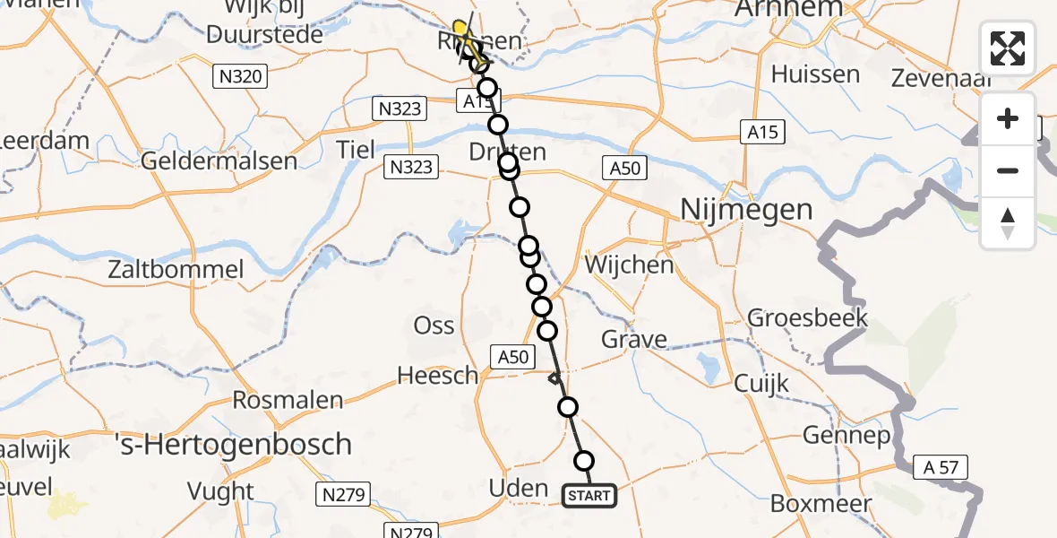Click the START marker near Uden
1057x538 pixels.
pos(589,496)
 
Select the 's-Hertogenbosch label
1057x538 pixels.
pos(233,443)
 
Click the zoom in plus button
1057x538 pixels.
pos(1008,119)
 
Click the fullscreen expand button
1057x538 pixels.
pos(1008,48)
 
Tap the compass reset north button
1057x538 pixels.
pos(1008,222)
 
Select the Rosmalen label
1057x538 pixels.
pos(289,399)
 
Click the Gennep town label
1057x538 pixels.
pos(846,437)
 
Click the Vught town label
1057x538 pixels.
pos(220,491)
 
